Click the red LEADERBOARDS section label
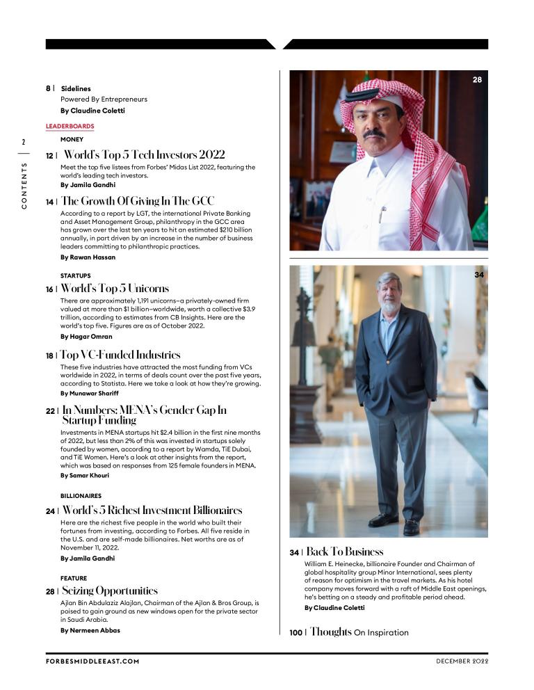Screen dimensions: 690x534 tap(70, 126)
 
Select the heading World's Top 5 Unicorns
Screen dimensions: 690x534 tap(115, 288)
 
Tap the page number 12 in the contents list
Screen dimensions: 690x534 tap(50, 155)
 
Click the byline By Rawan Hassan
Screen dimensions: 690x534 tap(88, 257)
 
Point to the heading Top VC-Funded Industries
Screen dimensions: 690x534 tap(120, 355)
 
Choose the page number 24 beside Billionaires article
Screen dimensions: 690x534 tap(50, 511)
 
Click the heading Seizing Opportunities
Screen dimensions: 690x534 tap(110, 591)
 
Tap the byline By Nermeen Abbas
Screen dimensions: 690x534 tap(90, 630)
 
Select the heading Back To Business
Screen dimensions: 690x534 tap(345, 552)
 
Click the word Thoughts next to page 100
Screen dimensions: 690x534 tap(331, 632)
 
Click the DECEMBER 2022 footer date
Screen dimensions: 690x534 tap(462, 661)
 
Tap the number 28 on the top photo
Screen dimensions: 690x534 tap(477, 80)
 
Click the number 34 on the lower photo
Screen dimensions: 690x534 tap(478, 275)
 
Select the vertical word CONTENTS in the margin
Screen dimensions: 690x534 tap(24, 186)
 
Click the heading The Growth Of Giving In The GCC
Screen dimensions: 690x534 tap(138, 201)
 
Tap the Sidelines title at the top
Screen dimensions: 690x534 tap(76, 89)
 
